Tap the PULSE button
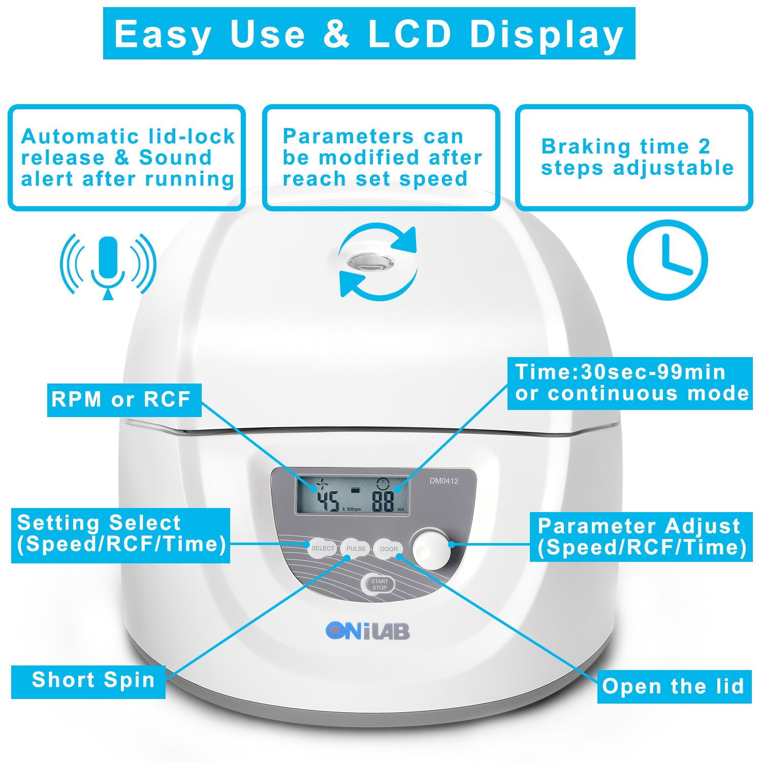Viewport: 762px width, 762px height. coord(356,549)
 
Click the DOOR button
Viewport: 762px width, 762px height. coord(389,549)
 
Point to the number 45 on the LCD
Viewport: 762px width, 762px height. coord(328,501)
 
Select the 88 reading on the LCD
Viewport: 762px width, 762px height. coord(383,501)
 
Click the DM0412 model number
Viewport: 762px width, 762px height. coord(444,481)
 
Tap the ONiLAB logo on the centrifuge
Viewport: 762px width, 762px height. coord(368,631)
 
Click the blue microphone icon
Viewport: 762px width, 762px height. coord(108,264)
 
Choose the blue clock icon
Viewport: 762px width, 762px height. coord(667,260)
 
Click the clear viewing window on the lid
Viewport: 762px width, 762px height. coord(370,263)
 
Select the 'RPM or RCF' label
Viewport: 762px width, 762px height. coord(124,400)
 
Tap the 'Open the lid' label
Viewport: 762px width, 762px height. coord(674,686)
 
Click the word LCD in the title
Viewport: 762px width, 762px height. coord(409,34)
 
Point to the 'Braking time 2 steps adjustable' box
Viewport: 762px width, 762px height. coord(634,157)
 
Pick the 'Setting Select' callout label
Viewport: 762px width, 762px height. coord(120,534)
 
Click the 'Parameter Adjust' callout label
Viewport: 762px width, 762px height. coord(641,536)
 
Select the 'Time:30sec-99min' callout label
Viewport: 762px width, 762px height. coord(630,383)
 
